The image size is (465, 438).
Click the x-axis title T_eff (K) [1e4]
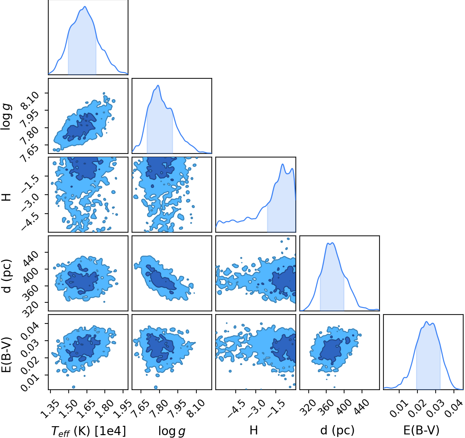(89, 430)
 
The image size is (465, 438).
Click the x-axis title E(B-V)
(421, 430)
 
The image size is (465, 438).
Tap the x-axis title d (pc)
(337, 430)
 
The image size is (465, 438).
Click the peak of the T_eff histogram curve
(85, 6)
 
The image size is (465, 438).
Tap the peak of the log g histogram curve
(158, 85)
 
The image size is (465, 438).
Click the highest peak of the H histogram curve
(283, 164)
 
